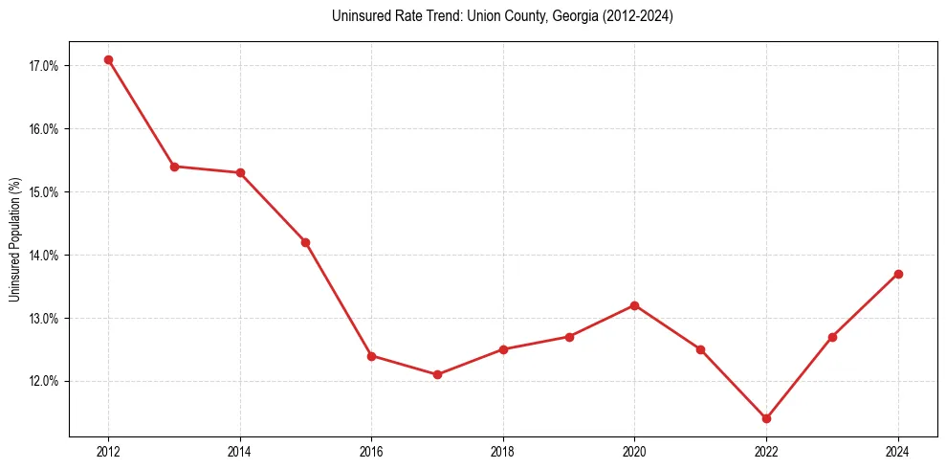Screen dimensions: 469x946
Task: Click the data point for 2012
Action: tap(108, 59)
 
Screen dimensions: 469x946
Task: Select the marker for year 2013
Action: tap(174, 167)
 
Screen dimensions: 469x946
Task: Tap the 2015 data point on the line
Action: tap(305, 242)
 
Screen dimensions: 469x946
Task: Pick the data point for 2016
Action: tap(371, 356)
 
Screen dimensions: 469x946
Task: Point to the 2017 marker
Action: tap(437, 374)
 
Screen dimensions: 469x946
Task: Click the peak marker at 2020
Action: tap(634, 305)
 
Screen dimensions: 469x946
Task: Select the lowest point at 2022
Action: tap(766, 418)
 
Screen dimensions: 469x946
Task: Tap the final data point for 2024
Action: tap(898, 274)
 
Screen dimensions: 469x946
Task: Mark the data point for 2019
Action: tap(569, 337)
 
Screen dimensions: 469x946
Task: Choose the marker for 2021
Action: tap(700, 349)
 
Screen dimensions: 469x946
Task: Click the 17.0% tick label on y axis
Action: tap(44, 66)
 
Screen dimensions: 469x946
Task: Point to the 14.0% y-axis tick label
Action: tap(44, 256)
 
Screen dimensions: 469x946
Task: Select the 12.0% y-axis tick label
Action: tap(44, 382)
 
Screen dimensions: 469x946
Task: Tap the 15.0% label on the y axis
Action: tap(44, 192)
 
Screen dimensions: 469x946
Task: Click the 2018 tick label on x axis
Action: tap(503, 452)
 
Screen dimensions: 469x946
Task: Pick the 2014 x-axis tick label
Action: tap(240, 452)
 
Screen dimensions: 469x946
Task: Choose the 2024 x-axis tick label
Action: tap(898, 452)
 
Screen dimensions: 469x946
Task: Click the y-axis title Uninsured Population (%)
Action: tap(14, 239)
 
